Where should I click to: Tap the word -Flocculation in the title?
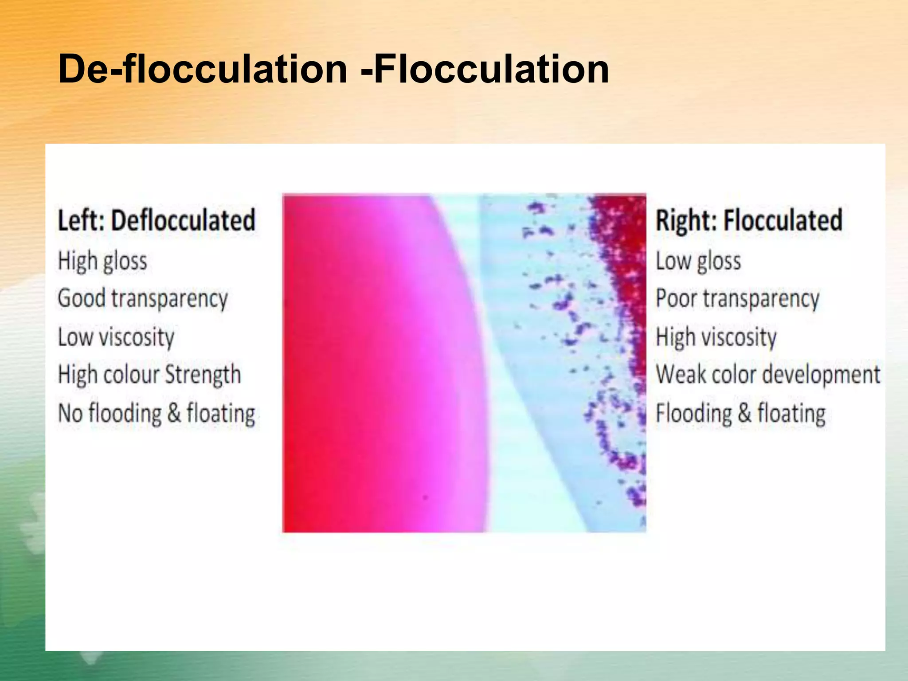click(x=485, y=69)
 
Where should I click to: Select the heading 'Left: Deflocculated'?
click(x=157, y=220)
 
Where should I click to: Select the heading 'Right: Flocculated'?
click(x=749, y=220)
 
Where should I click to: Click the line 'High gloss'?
click(x=102, y=261)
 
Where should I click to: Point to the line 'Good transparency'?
click(x=142, y=298)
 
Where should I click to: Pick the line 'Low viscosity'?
click(x=116, y=337)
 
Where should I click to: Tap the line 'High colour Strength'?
click(x=149, y=375)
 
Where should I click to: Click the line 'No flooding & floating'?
click(x=157, y=413)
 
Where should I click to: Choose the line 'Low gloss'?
click(x=698, y=261)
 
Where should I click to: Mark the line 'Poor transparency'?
click(x=738, y=298)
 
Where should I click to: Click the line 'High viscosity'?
click(x=716, y=337)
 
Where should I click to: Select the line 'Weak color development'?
click(x=768, y=375)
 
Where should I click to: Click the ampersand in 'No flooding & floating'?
click(x=174, y=413)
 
